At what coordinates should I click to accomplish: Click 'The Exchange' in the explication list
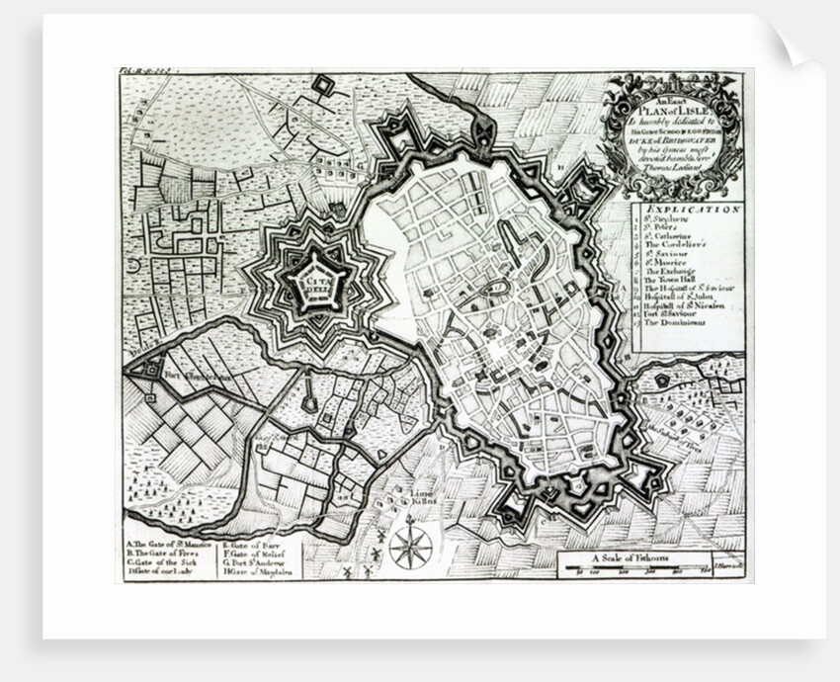coord(673,270)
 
